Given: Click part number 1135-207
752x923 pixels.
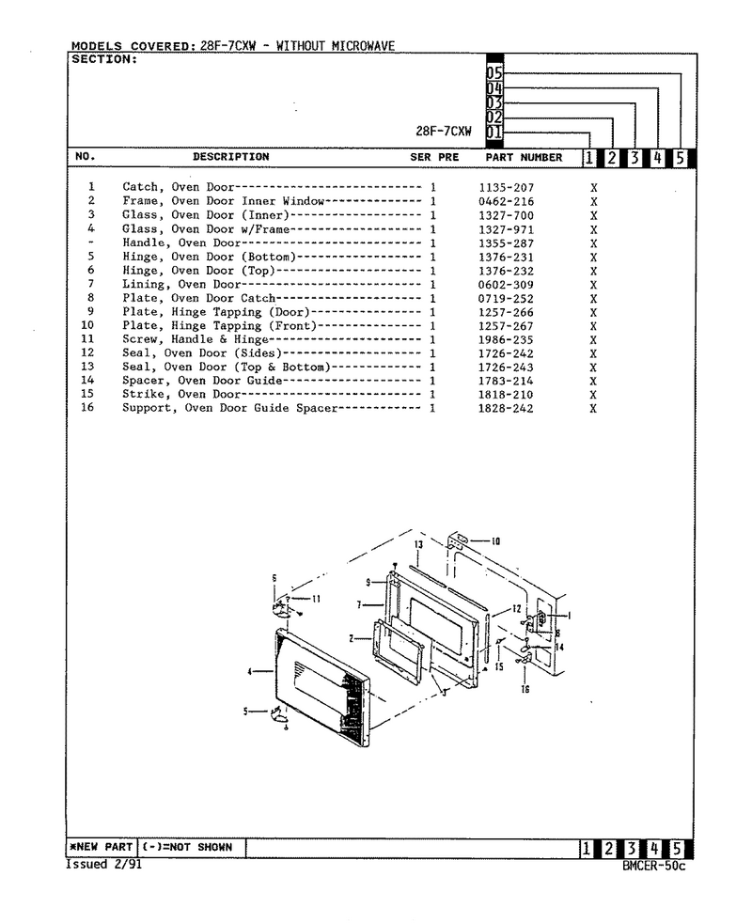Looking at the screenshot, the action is click(x=506, y=188).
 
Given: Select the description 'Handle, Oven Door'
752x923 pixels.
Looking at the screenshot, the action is click(x=181, y=243).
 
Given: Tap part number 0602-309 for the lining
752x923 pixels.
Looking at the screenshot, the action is click(x=506, y=285).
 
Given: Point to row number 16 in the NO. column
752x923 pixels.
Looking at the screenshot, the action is click(x=87, y=407).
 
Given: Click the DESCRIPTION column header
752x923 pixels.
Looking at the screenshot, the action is click(x=231, y=157).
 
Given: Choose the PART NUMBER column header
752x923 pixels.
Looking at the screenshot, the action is click(x=524, y=157).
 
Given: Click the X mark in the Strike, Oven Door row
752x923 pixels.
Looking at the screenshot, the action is click(x=593, y=395).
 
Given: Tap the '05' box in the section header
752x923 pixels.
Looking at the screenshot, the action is click(x=494, y=73).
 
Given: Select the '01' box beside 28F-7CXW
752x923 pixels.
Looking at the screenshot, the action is click(x=494, y=133).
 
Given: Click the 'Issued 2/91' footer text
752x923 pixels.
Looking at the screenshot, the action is click(x=103, y=864).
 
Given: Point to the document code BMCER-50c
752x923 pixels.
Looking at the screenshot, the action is click(x=653, y=866).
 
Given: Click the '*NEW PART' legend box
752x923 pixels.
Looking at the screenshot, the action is click(x=102, y=847).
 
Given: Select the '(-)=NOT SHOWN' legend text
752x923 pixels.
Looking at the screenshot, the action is click(x=187, y=847).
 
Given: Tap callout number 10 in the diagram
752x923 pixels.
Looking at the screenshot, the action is click(x=495, y=541).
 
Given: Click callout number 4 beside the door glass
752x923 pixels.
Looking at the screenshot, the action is click(x=250, y=671).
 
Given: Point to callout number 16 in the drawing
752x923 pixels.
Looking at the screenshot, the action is click(x=525, y=689).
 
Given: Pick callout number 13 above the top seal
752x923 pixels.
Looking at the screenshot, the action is click(x=418, y=544).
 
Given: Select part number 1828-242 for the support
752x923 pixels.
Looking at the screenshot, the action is click(x=506, y=409).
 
